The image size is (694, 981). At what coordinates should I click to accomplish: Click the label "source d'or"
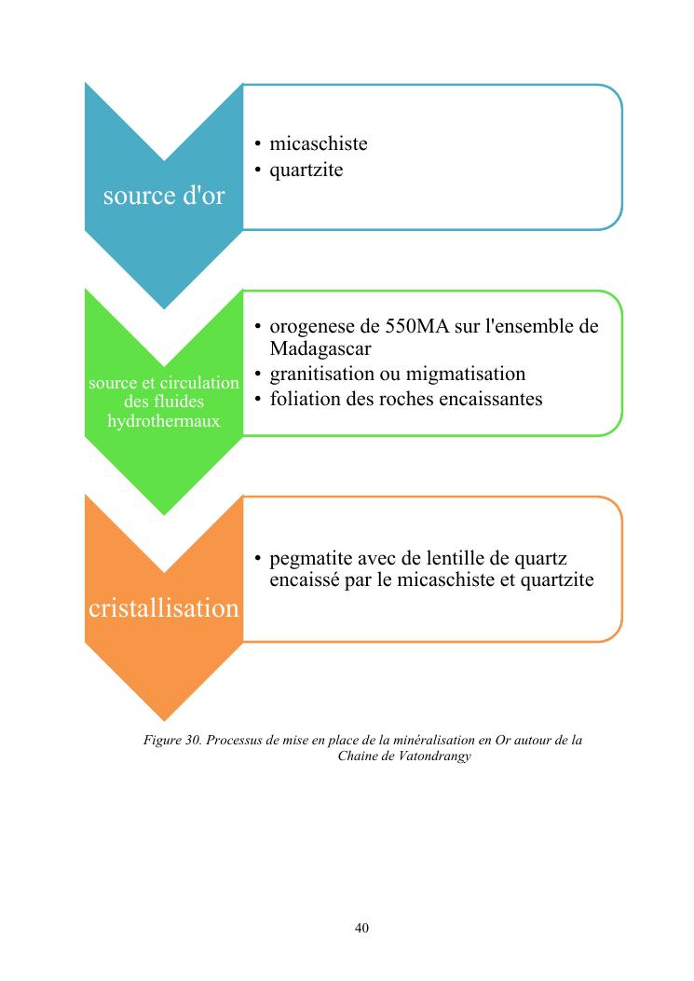163,196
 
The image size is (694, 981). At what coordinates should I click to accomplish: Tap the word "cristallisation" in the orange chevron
163,607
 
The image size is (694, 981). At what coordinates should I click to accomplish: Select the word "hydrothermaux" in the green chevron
163,420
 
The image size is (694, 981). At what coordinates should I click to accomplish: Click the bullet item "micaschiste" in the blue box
318,143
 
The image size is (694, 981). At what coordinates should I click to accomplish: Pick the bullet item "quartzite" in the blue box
306,170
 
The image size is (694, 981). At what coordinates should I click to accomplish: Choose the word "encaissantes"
487,399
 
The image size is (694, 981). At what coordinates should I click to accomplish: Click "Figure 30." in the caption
173,741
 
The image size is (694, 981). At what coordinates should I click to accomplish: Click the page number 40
362,928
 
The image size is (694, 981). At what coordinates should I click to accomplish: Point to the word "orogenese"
312,327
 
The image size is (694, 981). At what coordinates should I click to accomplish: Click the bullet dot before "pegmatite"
257,560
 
